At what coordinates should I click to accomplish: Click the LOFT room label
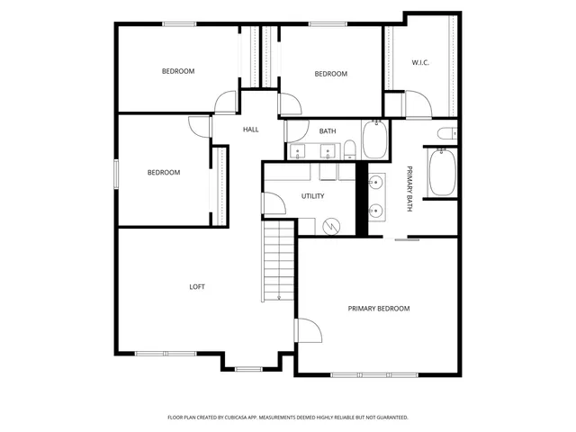(x=197, y=287)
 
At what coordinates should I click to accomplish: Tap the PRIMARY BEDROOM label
(x=379, y=309)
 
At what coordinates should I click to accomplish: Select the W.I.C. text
(x=420, y=62)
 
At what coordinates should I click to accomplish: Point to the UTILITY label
(x=312, y=196)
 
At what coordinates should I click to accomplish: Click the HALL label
(x=250, y=130)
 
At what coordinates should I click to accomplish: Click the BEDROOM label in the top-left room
(x=178, y=71)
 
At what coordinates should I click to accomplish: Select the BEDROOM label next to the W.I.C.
(x=330, y=74)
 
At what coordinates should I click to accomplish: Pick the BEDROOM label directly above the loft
(x=164, y=173)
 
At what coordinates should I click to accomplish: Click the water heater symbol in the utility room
(x=333, y=226)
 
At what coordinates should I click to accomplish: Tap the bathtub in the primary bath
(x=442, y=173)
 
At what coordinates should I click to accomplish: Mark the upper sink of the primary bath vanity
(x=377, y=184)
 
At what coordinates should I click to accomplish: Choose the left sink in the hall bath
(x=300, y=151)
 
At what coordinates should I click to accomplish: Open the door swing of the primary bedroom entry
(x=308, y=330)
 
